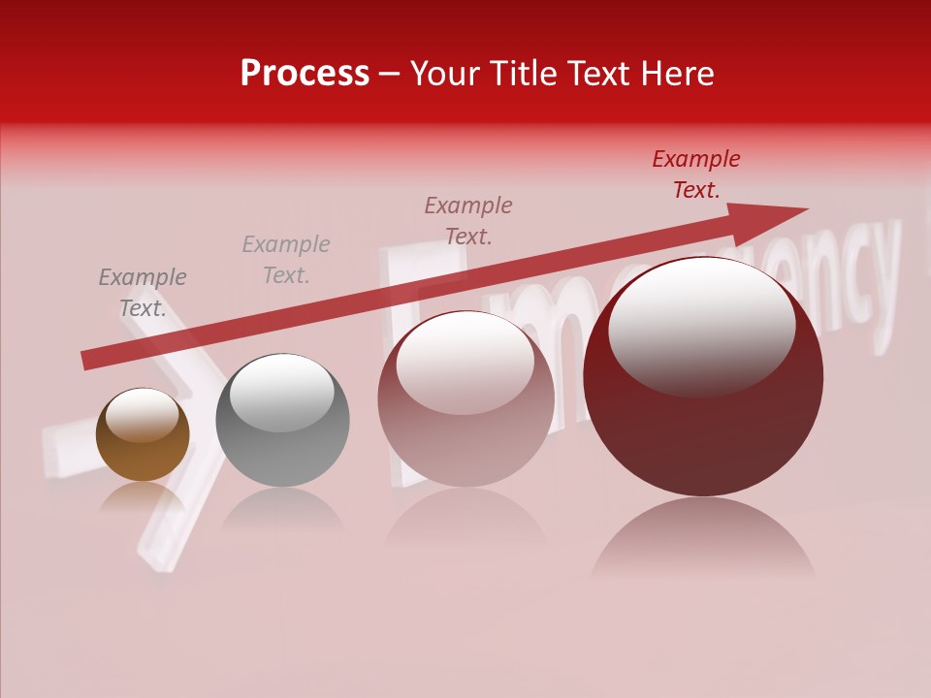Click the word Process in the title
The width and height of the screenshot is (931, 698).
pyautogui.click(x=305, y=74)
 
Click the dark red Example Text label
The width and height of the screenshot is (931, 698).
pyautogui.click(x=695, y=174)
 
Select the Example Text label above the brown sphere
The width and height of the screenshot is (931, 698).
pyautogui.click(x=142, y=293)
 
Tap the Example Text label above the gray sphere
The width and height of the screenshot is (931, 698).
pyautogui.click(x=285, y=259)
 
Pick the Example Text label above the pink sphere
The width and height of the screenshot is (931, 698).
pyautogui.click(x=467, y=220)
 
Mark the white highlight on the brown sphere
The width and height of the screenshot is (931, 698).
pyautogui.click(x=142, y=416)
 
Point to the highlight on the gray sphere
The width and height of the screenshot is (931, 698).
pyautogui.click(x=281, y=391)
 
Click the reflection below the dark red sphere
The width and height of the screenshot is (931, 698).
pyautogui.click(x=703, y=538)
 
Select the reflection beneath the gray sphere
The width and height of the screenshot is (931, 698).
pyautogui.click(x=282, y=509)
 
